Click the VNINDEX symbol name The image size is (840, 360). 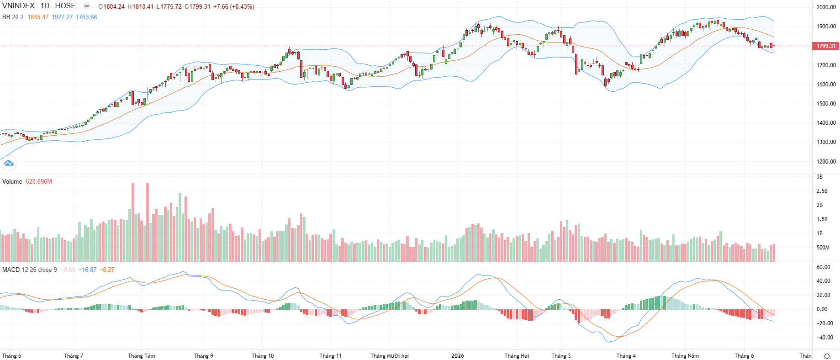[18, 6]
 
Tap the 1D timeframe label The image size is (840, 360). [45, 6]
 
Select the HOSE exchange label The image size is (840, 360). [65, 6]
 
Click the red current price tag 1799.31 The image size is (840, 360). [826, 46]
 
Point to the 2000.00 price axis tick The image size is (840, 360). [826, 7]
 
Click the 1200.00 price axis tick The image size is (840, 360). [826, 161]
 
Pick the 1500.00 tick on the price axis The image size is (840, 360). [826, 104]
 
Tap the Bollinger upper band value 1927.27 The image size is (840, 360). [62, 17]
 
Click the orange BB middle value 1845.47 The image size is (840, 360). [38, 17]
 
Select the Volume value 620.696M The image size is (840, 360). [39, 182]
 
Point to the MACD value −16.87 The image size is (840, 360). [87, 270]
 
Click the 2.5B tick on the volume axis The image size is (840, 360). [822, 191]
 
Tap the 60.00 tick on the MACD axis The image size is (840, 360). [824, 267]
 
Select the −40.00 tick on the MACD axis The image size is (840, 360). [825, 338]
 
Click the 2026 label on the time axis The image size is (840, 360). [457, 356]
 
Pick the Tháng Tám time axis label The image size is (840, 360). [142, 356]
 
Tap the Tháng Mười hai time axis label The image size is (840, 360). [390, 356]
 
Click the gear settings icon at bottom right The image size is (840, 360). [827, 356]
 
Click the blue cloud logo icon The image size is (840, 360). [9, 163]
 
